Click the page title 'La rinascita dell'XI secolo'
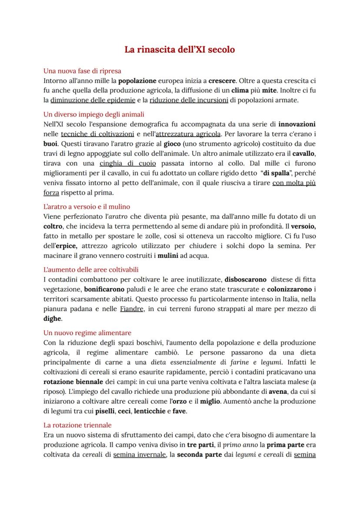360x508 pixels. (180, 50)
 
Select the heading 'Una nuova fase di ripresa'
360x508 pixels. (82, 71)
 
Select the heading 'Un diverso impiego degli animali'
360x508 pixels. (93, 115)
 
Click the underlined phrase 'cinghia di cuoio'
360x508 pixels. (127, 163)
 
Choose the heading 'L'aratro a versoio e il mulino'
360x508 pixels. (87, 207)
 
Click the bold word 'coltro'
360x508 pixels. (53, 226)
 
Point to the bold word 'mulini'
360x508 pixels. (168, 256)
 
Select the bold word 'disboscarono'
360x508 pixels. (245, 280)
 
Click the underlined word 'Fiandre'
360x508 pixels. (131, 309)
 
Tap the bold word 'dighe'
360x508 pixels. (52, 319)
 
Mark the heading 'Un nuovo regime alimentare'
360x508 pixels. (87, 333)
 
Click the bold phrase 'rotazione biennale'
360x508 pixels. (73, 382)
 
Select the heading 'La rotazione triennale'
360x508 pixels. (77, 425)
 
